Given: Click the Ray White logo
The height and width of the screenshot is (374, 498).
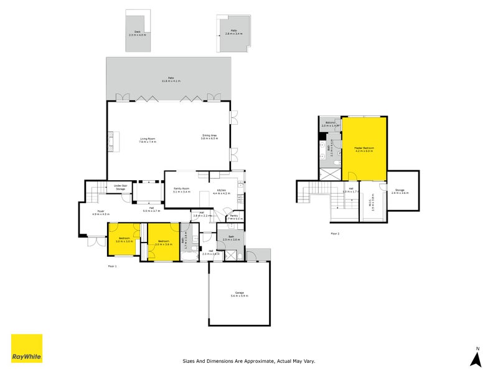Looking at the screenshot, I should click(x=27, y=348).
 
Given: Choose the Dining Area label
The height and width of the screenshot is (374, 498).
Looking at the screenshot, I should click(x=209, y=137).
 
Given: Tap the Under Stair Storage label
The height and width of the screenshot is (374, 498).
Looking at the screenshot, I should click(x=120, y=187).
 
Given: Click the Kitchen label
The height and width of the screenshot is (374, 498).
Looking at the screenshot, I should click(x=222, y=192).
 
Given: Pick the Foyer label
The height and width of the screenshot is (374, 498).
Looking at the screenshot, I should click(x=100, y=213).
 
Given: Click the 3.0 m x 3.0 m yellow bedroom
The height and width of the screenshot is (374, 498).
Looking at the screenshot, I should click(x=125, y=240).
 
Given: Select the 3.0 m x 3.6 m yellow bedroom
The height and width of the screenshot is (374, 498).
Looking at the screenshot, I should click(x=164, y=242).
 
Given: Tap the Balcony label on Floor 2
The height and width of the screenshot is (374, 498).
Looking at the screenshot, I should click(x=330, y=124).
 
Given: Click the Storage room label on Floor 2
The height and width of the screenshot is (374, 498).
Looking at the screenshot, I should click(x=400, y=191).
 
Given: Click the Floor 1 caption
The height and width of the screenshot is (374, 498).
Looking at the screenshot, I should click(x=112, y=266).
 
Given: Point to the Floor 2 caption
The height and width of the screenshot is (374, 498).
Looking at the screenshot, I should click(x=335, y=234).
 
